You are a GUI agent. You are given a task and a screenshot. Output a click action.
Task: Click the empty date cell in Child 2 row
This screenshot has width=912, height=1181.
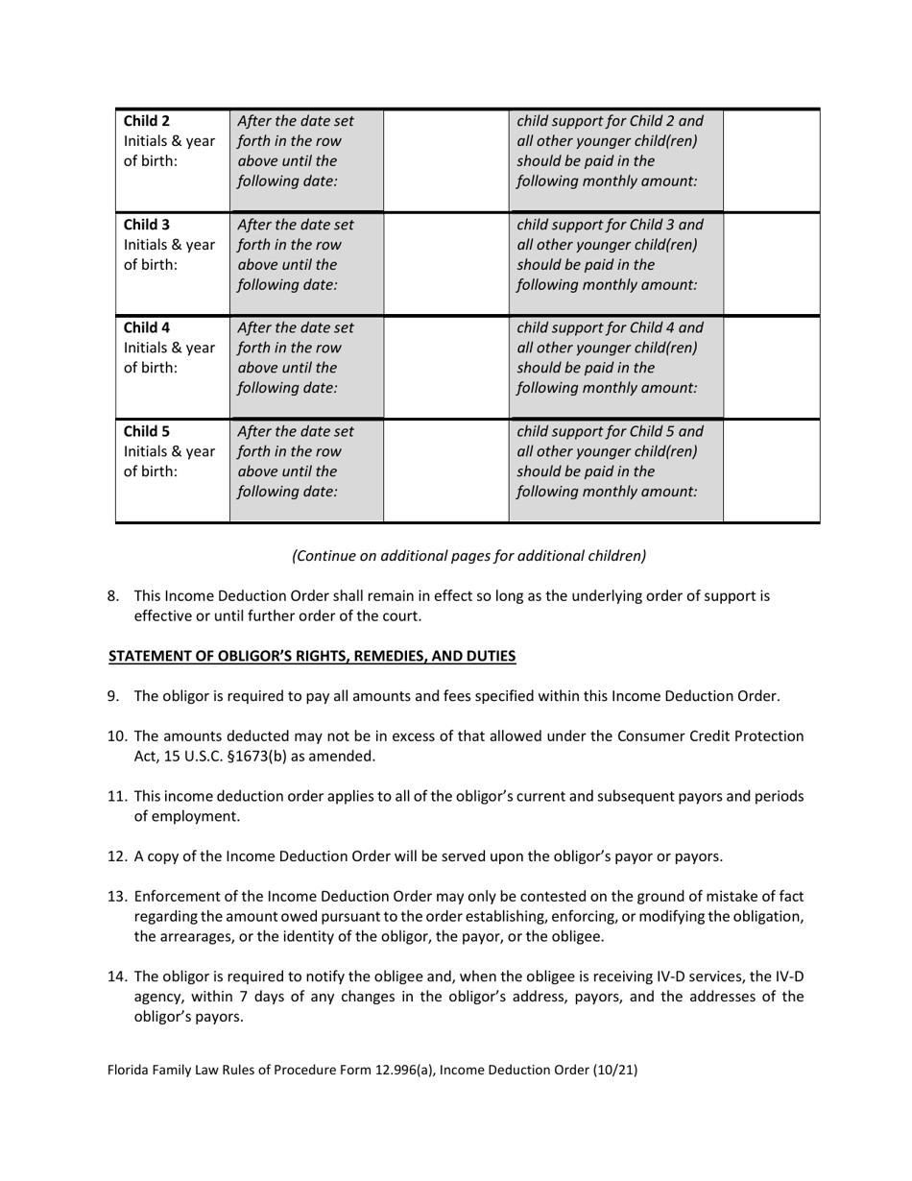(x=445, y=160)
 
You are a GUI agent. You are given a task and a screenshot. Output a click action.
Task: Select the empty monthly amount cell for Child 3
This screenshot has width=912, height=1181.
(x=771, y=263)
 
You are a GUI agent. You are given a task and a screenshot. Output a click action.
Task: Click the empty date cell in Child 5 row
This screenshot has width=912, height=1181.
(x=445, y=470)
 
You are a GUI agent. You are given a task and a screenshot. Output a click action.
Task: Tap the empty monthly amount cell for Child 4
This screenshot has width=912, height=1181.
(x=771, y=367)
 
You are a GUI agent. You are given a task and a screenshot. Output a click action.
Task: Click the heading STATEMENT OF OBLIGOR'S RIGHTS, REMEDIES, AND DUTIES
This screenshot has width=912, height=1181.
(x=312, y=656)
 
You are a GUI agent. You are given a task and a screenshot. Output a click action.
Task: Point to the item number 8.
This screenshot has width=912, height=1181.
(x=113, y=595)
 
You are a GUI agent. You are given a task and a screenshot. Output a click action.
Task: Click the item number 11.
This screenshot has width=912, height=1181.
(x=116, y=796)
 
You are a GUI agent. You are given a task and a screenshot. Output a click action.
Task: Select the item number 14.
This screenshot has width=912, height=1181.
(x=116, y=977)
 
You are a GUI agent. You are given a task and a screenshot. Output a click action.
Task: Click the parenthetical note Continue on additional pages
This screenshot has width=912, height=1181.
(x=468, y=555)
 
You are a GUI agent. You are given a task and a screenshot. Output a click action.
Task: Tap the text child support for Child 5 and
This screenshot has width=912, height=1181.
(x=610, y=430)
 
